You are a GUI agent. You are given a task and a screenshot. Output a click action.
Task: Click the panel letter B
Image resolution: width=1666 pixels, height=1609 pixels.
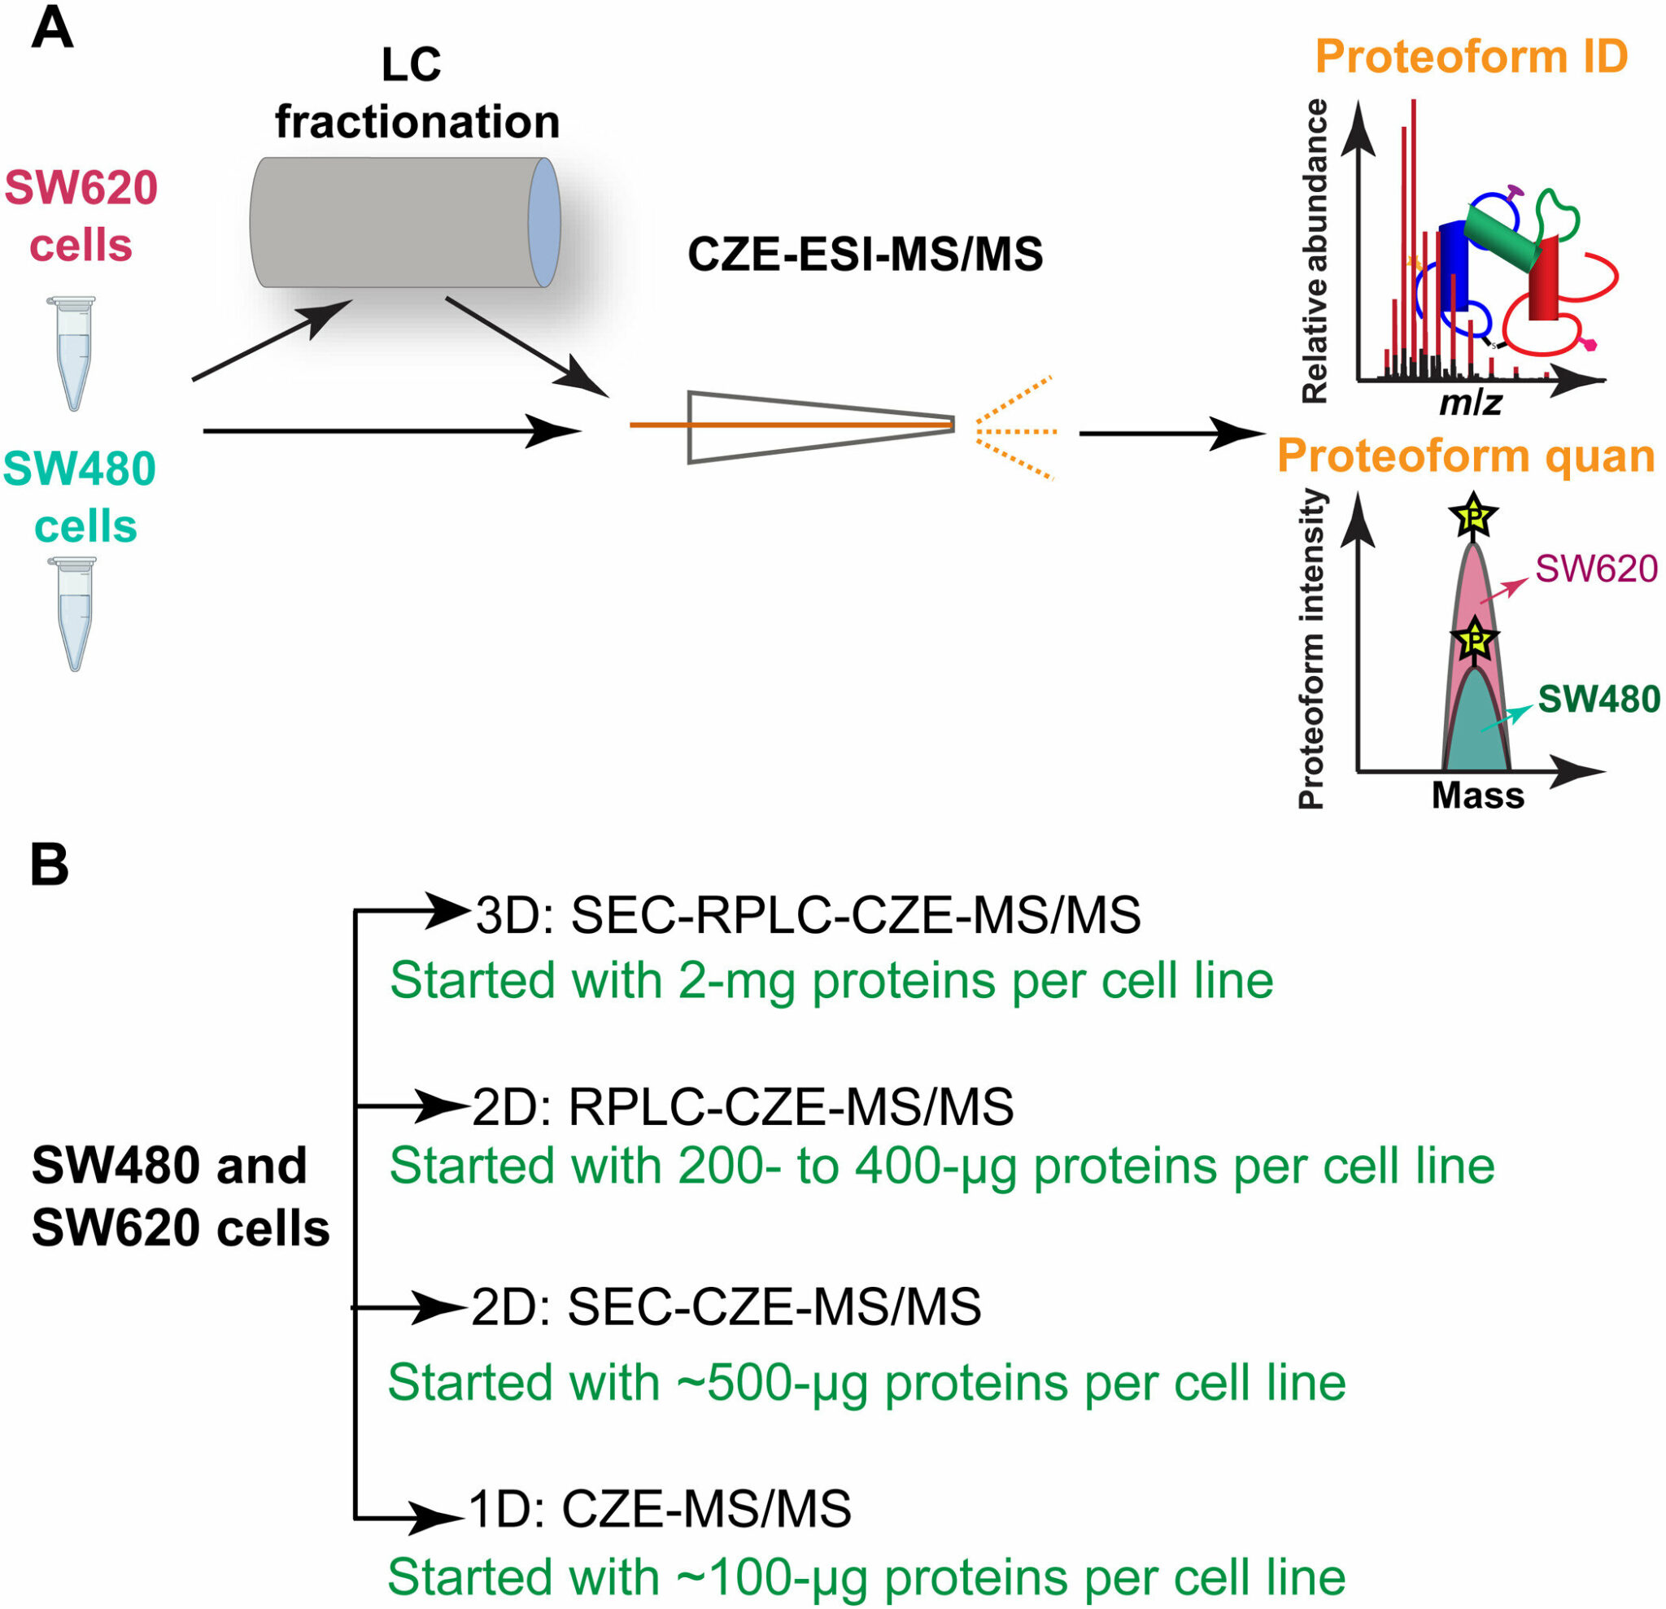(x=50, y=866)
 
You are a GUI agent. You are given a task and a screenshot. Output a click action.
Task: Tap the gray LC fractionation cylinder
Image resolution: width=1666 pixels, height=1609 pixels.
(x=404, y=223)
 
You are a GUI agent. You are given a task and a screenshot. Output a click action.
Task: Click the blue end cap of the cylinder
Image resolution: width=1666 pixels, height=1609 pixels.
(x=544, y=223)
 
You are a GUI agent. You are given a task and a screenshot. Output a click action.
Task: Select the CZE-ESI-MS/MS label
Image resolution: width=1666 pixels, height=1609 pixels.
(x=866, y=254)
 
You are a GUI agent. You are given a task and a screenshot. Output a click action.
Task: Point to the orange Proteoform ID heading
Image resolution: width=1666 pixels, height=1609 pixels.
(x=1472, y=57)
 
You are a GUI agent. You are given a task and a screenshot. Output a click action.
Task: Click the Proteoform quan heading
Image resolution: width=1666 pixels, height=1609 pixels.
(x=1466, y=456)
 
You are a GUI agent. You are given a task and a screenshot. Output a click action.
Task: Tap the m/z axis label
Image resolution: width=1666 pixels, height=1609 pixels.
(x=1471, y=402)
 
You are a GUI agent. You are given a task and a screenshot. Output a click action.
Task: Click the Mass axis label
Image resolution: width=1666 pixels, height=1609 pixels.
(x=1478, y=796)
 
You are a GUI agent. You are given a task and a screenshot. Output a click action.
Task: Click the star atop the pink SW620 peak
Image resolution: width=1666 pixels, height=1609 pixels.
(x=1473, y=515)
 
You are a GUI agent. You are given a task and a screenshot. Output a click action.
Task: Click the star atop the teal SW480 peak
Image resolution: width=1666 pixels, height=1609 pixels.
(x=1476, y=639)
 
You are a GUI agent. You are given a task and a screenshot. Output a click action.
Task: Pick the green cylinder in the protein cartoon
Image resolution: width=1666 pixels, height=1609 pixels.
(x=1501, y=234)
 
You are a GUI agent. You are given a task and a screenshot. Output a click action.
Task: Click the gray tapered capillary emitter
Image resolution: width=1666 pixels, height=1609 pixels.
(x=821, y=427)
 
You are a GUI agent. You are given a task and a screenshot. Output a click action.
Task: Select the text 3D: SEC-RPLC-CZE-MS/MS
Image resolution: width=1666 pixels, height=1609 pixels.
(x=808, y=915)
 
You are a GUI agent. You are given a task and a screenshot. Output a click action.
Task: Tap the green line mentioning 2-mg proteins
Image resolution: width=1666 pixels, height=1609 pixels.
(x=831, y=980)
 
